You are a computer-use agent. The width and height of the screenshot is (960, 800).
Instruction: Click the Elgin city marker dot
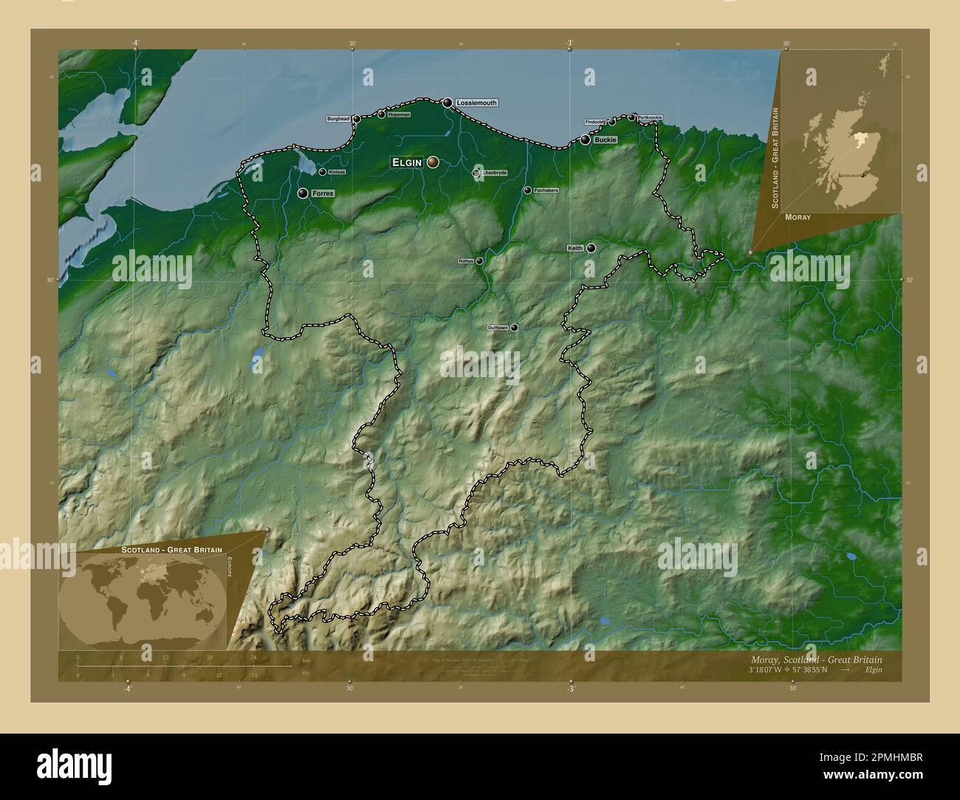point(432,162)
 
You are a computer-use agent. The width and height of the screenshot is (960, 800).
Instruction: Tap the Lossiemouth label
point(476,103)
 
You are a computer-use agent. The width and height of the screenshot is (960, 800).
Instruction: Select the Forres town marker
point(303,193)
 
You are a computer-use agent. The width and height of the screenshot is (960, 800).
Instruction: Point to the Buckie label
point(605,139)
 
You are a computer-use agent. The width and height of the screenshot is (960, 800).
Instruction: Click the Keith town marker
point(592,248)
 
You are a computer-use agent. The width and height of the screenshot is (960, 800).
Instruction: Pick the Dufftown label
point(498,328)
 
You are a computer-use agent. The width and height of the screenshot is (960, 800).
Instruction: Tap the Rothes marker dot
point(479,261)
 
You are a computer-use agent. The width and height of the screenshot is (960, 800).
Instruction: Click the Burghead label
point(338,119)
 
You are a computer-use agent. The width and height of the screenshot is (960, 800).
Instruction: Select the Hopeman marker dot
point(381,114)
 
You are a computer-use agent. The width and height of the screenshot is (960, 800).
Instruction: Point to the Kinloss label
point(336,172)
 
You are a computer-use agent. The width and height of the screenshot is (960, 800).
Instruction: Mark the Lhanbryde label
point(495,173)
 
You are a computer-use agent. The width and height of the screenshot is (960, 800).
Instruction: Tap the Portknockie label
point(655,117)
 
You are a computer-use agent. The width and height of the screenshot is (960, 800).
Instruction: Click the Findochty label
point(594,122)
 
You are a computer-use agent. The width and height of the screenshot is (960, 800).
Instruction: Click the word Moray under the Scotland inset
point(798,218)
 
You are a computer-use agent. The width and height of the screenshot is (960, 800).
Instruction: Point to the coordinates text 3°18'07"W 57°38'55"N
point(787,669)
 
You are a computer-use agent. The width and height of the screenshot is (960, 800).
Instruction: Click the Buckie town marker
point(586,139)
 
